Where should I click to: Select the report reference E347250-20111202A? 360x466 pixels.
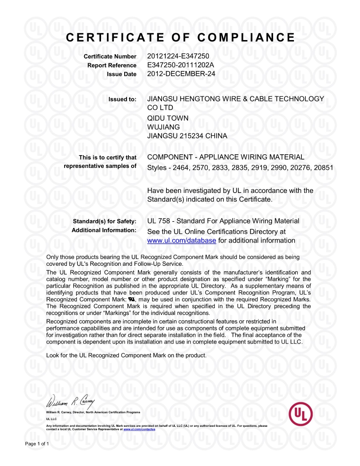(x=181, y=65)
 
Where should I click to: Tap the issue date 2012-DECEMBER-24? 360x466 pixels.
(x=180, y=74)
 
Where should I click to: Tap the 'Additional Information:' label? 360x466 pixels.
(x=104, y=230)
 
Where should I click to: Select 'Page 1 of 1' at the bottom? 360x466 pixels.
(x=36, y=443)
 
